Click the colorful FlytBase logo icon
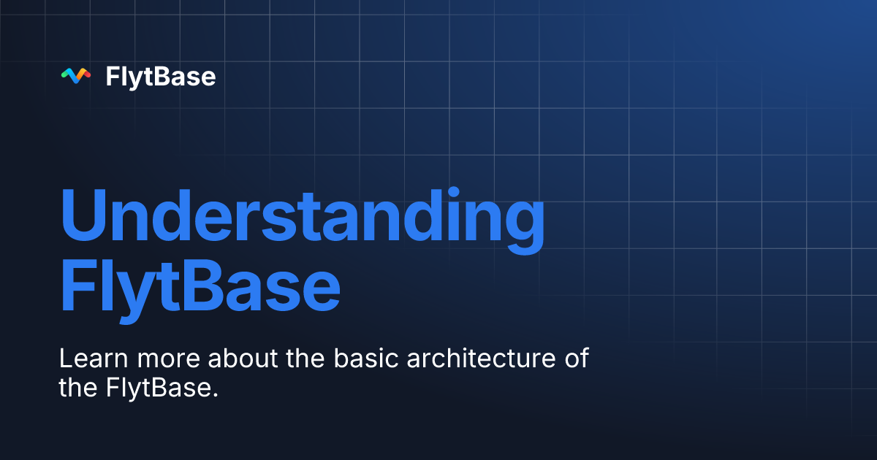pos(76,75)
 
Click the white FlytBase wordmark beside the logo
pos(161,76)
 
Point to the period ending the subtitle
pos(216,395)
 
